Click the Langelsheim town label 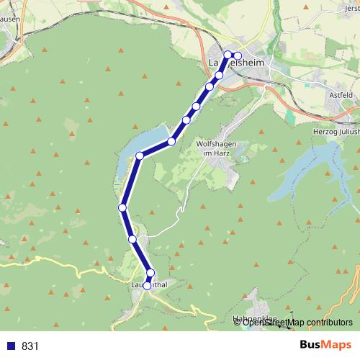235,64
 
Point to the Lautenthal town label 150,285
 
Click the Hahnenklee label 254,318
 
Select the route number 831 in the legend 30,346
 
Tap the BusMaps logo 321,346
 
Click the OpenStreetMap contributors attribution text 297,322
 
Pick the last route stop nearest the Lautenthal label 148,285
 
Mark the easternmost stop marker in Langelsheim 238,55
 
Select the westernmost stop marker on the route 122,207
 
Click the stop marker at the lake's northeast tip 172,141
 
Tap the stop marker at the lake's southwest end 140,155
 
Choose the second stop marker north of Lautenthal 132,238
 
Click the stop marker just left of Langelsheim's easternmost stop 228,55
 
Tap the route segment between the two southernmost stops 149,279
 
